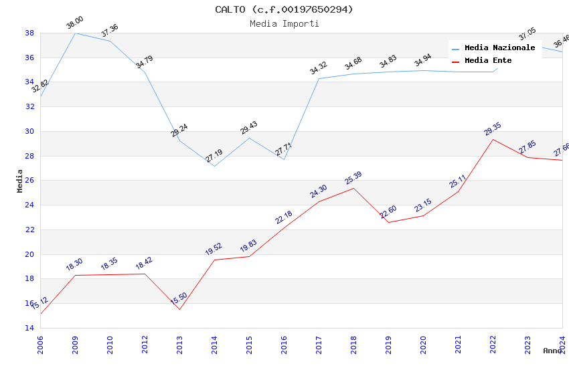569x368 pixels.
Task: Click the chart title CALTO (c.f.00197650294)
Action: (x=284, y=9)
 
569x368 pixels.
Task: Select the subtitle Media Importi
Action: (x=284, y=23)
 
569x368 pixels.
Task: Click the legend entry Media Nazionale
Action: (x=499, y=48)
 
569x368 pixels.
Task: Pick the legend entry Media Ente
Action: (x=488, y=61)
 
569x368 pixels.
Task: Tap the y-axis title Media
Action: (x=20, y=180)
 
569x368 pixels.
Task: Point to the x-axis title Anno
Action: (x=552, y=351)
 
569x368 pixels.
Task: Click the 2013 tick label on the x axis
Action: (x=179, y=343)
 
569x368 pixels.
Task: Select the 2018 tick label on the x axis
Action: (x=353, y=343)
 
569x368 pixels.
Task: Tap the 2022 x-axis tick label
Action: (x=493, y=343)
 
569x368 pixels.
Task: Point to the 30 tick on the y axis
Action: (x=29, y=131)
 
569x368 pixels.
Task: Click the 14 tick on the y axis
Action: (x=29, y=328)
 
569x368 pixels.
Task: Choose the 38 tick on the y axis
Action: (x=29, y=33)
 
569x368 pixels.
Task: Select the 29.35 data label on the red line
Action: (x=493, y=129)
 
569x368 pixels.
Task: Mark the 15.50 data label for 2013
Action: (x=179, y=298)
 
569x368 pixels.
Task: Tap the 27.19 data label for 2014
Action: (x=214, y=155)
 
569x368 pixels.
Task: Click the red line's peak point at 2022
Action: (x=493, y=139)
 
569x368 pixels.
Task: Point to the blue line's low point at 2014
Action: (x=214, y=166)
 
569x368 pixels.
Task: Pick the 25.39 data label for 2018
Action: (x=353, y=178)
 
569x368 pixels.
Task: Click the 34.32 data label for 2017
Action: (x=319, y=68)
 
